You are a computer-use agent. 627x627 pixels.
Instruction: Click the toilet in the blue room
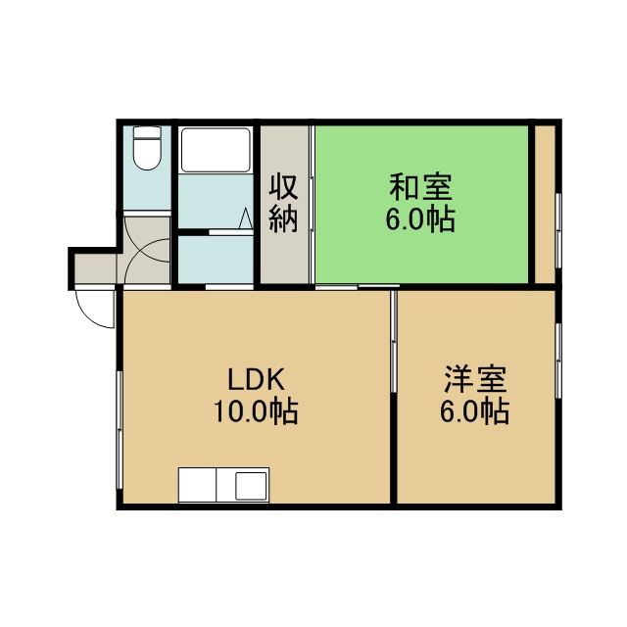pos(148,148)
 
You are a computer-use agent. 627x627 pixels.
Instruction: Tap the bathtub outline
pos(216,150)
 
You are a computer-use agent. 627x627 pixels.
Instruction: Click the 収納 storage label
pos(283,203)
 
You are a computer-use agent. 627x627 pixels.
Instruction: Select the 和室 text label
pos(420,187)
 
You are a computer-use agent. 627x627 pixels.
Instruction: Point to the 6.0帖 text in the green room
pos(420,219)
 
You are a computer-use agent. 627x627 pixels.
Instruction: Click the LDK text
pos(256,379)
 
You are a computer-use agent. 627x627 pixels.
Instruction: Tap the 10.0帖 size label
pos(256,411)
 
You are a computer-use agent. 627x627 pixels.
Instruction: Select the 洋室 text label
pos(475,379)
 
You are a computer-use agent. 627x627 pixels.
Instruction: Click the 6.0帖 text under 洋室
pos(474,411)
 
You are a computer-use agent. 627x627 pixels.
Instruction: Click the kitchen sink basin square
pos(251,486)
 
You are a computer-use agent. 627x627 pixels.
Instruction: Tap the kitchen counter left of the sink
pos(197,485)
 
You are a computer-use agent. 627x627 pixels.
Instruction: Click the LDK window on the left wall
pos(120,430)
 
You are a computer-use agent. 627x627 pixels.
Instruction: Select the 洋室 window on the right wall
pos(558,361)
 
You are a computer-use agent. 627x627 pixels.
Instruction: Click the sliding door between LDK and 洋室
pos(394,341)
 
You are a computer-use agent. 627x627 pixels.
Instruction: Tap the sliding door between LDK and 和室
pos(358,286)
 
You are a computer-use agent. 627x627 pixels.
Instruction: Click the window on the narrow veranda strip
pos(558,230)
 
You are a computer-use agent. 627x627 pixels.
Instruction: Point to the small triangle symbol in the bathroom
pos(246,218)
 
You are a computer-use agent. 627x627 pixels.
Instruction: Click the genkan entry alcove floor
pos(96,267)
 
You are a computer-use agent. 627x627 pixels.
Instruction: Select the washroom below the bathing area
pos(216,259)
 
